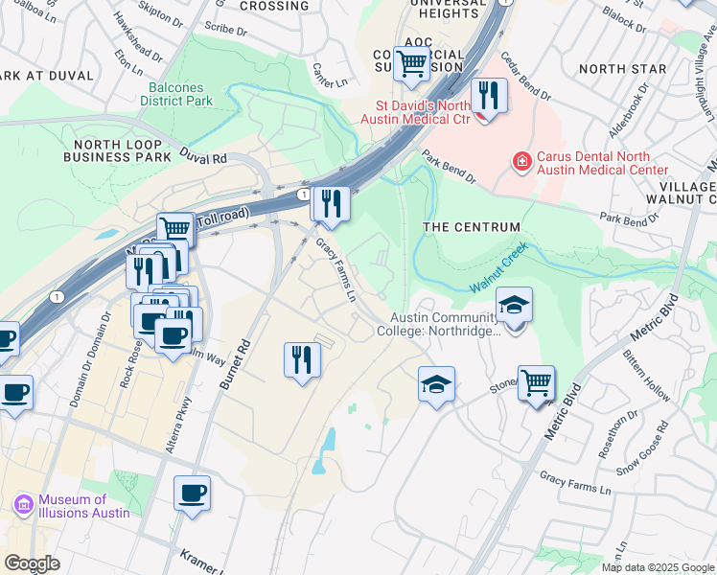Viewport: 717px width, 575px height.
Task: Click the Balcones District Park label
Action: point(176,93)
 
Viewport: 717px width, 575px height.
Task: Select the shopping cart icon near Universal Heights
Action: point(411,64)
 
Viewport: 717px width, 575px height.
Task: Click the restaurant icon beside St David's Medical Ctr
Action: point(489,96)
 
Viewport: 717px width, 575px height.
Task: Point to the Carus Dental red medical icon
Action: point(522,163)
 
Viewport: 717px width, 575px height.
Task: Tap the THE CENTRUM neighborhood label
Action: point(472,227)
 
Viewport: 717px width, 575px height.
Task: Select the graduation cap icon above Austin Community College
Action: point(514,306)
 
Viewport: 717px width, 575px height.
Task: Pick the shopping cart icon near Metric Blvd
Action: point(537,382)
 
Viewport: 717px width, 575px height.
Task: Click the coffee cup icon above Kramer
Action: point(192,494)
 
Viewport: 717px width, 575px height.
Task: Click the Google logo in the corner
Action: point(32,563)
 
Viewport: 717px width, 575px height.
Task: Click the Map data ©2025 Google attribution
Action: point(658,567)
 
